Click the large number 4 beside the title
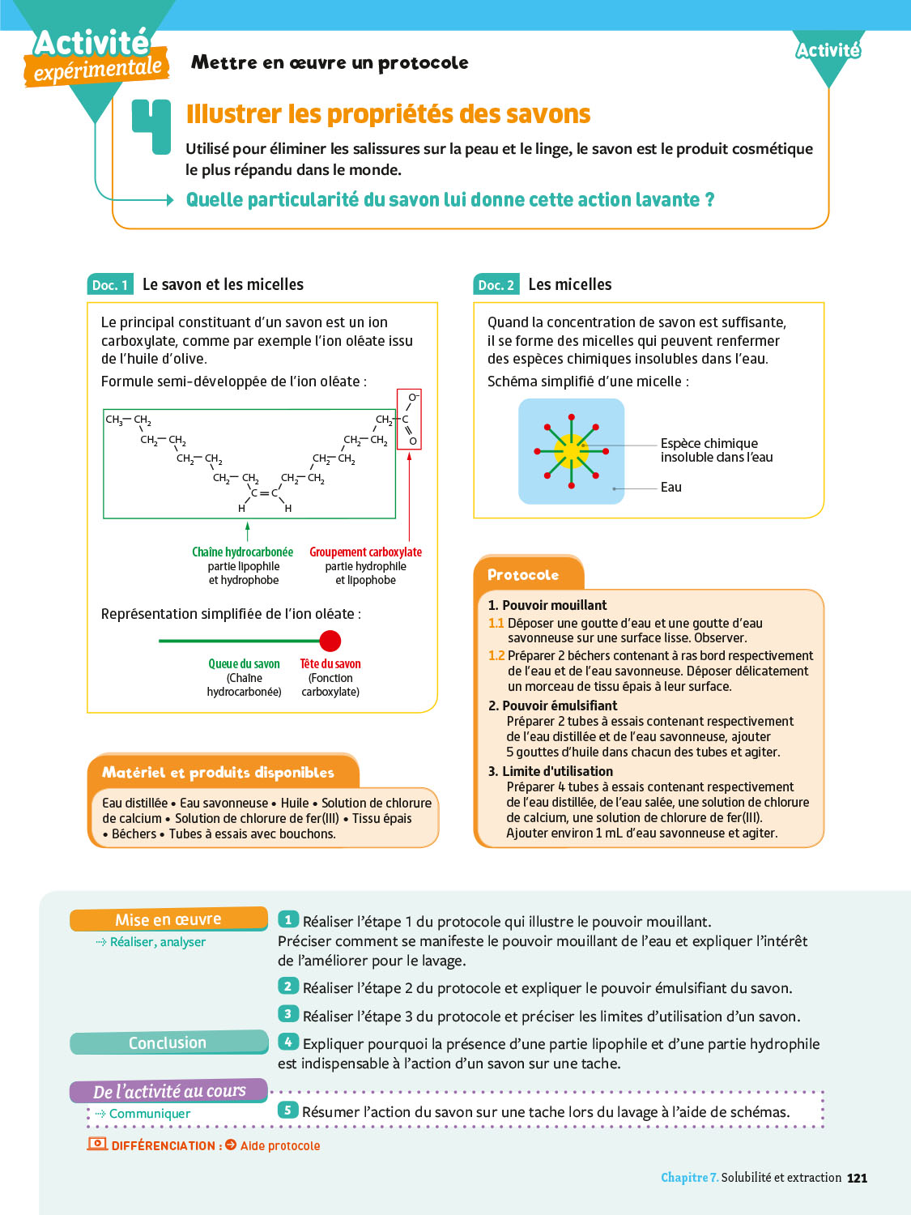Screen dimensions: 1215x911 coord(152,126)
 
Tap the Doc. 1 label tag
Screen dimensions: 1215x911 coord(109,284)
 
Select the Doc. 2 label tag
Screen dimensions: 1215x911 coord(496,284)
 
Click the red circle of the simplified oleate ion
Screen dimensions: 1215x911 coord(330,641)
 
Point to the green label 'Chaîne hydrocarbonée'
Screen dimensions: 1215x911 coord(242,552)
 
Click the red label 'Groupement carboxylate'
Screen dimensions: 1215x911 coord(365,552)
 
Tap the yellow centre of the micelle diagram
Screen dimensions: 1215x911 coord(572,450)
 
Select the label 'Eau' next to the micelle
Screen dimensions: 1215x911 coord(671,487)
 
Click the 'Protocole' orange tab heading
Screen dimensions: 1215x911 coord(523,574)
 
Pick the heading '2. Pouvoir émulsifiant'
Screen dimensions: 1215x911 coord(553,706)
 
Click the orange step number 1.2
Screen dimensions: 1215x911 coord(496,655)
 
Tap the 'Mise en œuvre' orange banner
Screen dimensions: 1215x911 coord(168,919)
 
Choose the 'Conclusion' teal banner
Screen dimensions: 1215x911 coord(168,1042)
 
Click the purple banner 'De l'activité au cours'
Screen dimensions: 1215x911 coord(168,1091)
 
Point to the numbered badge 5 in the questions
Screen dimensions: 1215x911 coord(287,1110)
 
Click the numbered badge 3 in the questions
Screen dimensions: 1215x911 coord(287,1014)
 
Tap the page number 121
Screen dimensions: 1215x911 coord(857,1178)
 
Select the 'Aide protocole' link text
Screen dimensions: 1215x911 coord(280,1145)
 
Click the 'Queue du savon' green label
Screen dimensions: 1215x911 coord(244,663)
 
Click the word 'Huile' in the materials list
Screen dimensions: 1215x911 coord(295,803)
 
